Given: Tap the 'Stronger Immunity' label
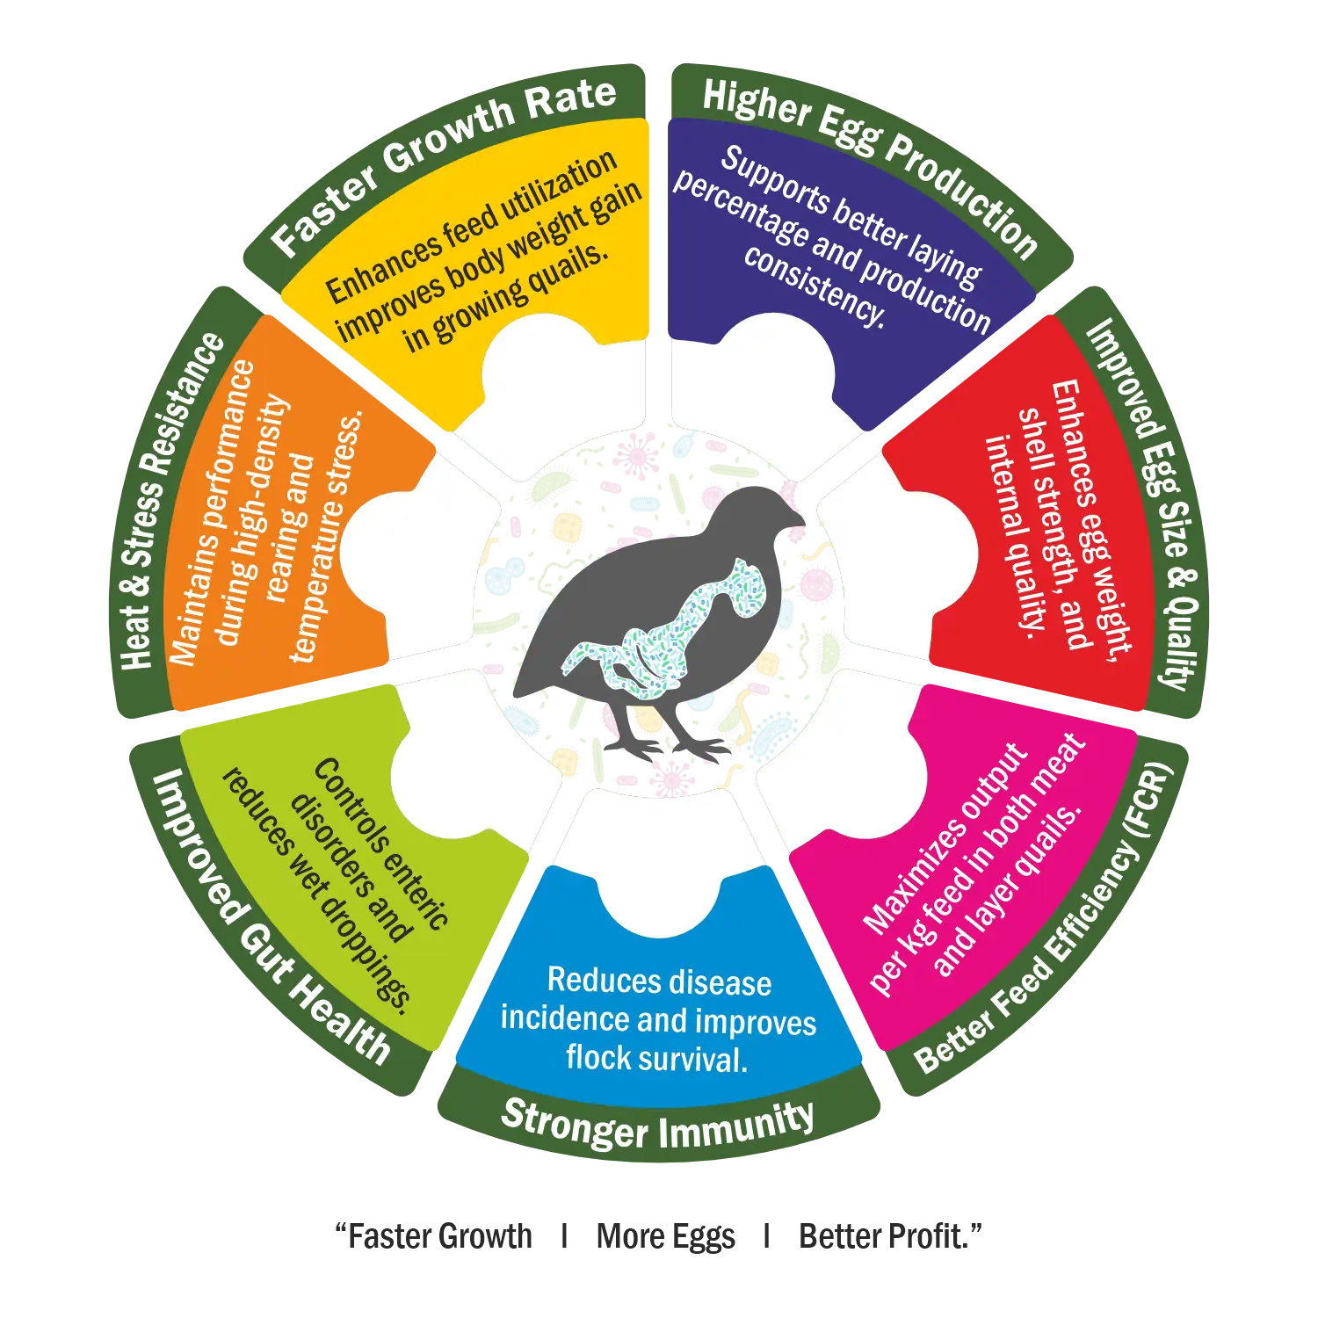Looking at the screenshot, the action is coord(658,1126).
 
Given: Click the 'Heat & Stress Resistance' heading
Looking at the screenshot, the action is coord(172,501).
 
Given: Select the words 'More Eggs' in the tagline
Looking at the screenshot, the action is coord(665,1236).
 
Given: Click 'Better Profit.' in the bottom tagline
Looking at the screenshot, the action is coord(889,1236).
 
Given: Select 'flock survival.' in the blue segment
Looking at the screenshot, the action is coord(656,1058).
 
